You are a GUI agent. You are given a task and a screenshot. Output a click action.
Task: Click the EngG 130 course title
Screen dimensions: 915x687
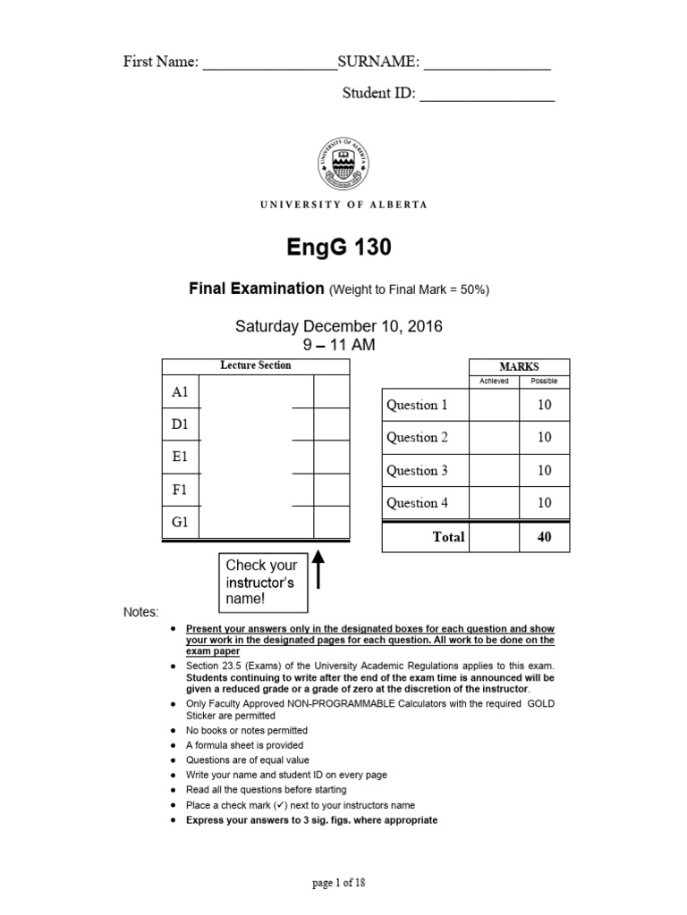[343, 248]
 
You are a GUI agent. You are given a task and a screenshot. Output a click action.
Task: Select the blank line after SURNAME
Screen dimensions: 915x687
[487, 64]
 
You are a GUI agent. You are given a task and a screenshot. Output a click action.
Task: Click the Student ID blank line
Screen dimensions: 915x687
[487, 96]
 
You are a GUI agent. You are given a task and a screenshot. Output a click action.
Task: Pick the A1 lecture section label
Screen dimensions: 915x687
[180, 392]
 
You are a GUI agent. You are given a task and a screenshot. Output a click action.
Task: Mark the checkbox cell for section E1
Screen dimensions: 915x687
[331, 457]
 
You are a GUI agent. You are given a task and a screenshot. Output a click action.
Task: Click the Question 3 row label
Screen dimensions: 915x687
[417, 470]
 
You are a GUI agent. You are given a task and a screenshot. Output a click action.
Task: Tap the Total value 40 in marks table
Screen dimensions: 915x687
[544, 537]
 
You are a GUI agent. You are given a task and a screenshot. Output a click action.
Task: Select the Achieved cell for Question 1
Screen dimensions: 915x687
[494, 405]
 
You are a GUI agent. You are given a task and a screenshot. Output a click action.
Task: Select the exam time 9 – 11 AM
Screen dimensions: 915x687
[338, 344]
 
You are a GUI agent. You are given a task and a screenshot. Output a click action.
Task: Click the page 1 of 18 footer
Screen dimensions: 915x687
[338, 883]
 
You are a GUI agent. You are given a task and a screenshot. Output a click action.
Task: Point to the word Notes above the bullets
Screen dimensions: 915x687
[140, 612]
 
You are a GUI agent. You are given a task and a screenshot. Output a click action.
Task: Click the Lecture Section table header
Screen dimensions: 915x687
[255, 365]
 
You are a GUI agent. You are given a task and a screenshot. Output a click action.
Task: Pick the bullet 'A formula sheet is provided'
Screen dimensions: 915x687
[244, 744]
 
